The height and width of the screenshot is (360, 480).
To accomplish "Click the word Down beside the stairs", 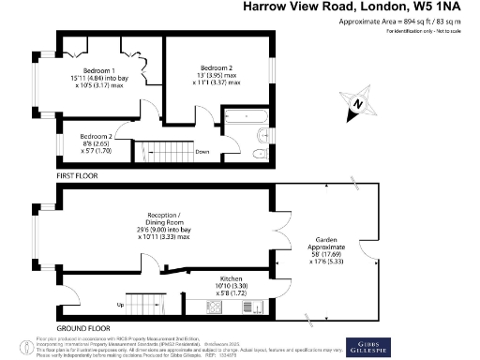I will point(202,151).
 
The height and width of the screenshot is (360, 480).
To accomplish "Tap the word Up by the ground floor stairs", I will point(120,305).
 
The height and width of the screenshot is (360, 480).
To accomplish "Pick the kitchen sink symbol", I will point(250,307).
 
